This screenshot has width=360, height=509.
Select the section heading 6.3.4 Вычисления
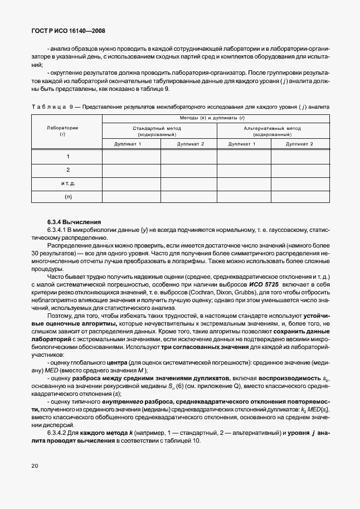click(70, 221)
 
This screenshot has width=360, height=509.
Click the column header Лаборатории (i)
click(66, 131)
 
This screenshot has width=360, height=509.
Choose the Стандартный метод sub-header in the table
click(159, 131)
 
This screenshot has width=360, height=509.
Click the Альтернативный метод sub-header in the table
click(272, 131)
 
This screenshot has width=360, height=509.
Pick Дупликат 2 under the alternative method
click(299, 144)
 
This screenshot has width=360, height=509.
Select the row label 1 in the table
click(67, 157)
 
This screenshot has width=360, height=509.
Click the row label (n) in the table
click(67, 197)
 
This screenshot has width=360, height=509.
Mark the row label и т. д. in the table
click(67, 183)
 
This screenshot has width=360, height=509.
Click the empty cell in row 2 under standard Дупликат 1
click(131, 170)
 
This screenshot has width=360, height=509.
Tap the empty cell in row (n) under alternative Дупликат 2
click(299, 197)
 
